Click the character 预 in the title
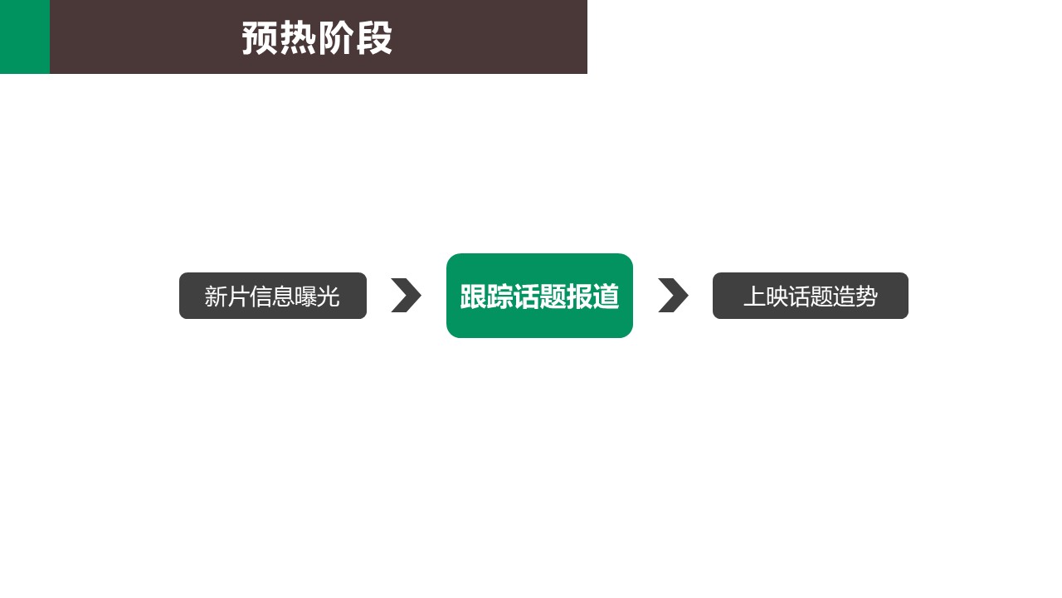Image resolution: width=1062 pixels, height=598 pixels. [x=261, y=38]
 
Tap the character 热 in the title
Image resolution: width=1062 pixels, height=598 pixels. [x=298, y=38]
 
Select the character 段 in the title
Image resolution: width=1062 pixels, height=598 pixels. [x=373, y=38]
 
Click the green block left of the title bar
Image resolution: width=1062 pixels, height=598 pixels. [x=25, y=37]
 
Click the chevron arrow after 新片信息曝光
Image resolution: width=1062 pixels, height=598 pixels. [x=407, y=295]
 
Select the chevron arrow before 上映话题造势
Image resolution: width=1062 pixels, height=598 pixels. [x=673, y=295]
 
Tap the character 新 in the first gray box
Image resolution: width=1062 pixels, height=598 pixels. [x=216, y=297]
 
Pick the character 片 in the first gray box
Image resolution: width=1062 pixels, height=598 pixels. [x=238, y=297]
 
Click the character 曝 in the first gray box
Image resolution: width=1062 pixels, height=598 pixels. [x=306, y=297]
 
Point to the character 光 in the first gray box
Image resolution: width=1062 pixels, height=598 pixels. [x=328, y=297]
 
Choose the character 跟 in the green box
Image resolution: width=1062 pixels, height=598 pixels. [x=473, y=297]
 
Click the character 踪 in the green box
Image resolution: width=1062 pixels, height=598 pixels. [x=499, y=297]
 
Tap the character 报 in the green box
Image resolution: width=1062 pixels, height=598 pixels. [x=579, y=297]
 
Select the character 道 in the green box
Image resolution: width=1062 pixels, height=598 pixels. [x=606, y=297]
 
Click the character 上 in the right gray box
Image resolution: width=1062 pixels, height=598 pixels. [x=755, y=297]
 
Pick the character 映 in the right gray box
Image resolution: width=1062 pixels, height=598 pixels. [x=777, y=297]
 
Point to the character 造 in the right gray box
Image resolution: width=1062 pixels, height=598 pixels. [x=845, y=297]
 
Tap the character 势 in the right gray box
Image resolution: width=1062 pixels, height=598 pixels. [x=867, y=297]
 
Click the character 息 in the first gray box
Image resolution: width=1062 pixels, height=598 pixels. [x=283, y=297]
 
